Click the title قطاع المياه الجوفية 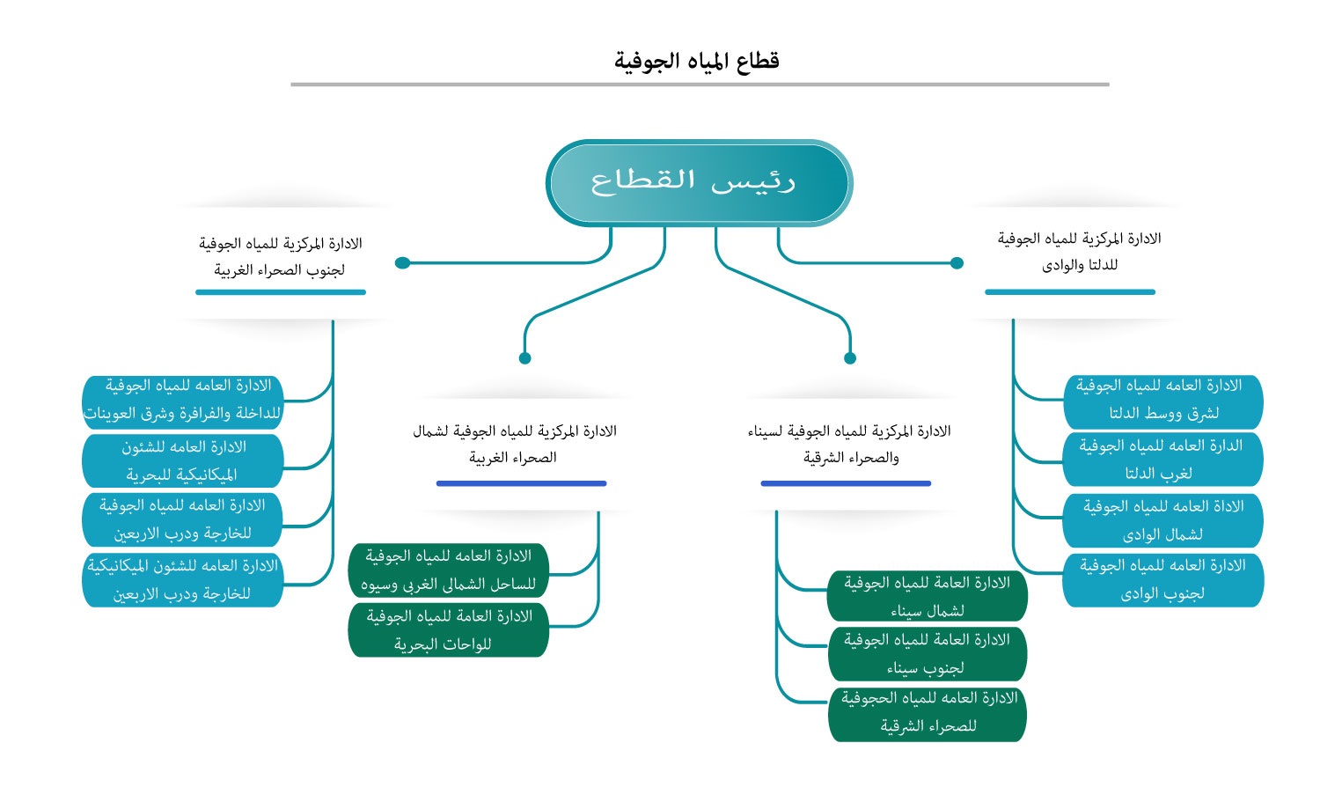pos(696,61)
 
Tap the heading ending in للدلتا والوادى pos(1079,251)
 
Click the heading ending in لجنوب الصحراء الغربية pos(280,256)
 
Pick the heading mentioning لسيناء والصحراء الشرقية pos(849,444)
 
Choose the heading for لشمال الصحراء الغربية pos(515,444)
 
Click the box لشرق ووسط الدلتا pos(1162,401)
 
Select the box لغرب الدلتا pos(1162,460)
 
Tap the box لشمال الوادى pos(1162,520)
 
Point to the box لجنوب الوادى pos(1162,579)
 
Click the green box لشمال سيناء pos(927,596)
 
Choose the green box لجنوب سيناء pos(927,654)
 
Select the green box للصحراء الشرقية pos(927,712)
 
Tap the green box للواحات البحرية pos(448,630)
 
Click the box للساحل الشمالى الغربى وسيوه pos(448,570)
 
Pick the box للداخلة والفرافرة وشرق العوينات pos(183,400)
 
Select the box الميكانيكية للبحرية pos(182,460)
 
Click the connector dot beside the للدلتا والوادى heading pos(957,262)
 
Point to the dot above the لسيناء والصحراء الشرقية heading pos(850,358)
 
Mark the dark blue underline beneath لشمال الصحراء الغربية pos(521,483)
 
